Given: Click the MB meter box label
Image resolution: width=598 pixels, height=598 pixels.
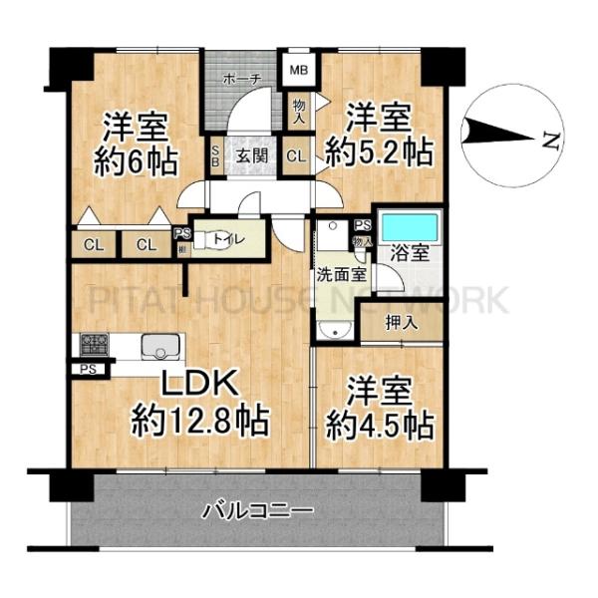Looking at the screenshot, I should [298, 71].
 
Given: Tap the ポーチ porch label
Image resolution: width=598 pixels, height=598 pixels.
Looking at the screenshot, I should [242, 79].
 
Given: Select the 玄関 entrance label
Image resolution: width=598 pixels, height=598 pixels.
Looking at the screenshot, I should [250, 155].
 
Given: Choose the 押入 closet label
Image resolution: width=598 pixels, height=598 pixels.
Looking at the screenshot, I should [401, 323].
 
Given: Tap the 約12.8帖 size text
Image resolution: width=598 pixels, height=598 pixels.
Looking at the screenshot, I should [199, 423].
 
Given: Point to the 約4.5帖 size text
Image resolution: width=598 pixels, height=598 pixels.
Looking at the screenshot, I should [380, 426].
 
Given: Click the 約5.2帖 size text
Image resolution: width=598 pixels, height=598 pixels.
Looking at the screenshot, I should [380, 151].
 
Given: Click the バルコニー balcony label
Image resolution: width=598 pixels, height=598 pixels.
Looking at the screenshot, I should [258, 512].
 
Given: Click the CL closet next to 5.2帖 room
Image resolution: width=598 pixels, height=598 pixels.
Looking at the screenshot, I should [297, 155].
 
